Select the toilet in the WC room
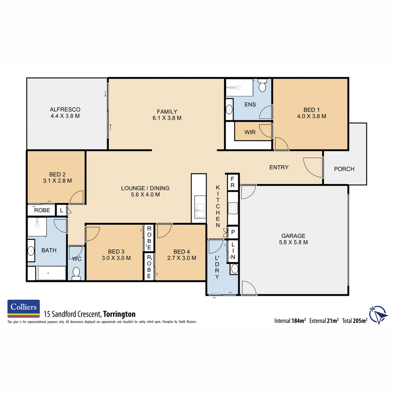pyautogui.click(x=76, y=273)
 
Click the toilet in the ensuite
pyautogui.click(x=262, y=86)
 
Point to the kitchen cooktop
pyautogui.click(x=233, y=208)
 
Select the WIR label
pyautogui.click(x=250, y=132)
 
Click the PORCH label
pyautogui.click(x=344, y=169)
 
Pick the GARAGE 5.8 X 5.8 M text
pyautogui.click(x=293, y=239)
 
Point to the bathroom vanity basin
pyautogui.click(x=31, y=251)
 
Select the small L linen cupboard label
pyautogui.click(x=61, y=210)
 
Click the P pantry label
pyautogui.click(x=233, y=232)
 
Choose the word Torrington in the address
pyautogui.click(x=119, y=314)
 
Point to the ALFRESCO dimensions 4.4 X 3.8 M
pyautogui.click(x=65, y=116)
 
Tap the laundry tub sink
pyautogui.click(x=234, y=269)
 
